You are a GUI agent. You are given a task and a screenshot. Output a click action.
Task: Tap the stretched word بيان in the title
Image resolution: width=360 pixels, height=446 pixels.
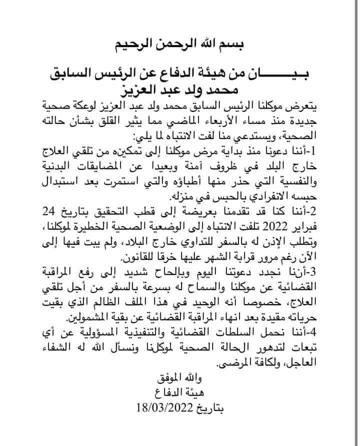pos(288,73)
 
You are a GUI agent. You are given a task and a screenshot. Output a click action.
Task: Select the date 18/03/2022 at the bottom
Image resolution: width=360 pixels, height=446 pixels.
pos(163,408)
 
